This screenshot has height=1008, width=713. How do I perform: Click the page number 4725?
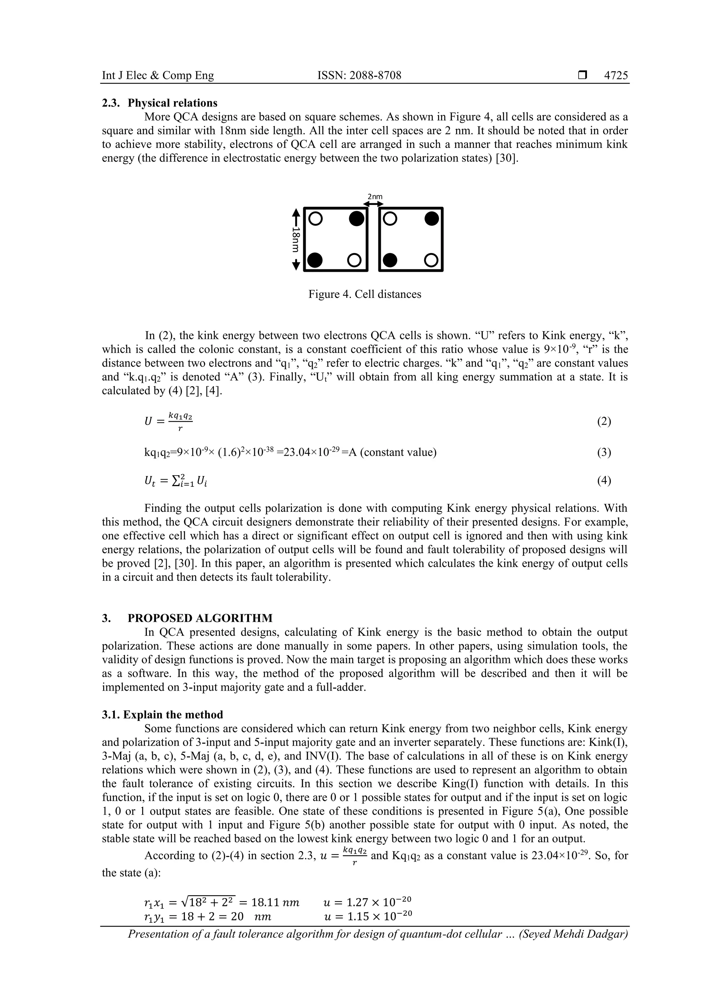pyautogui.click(x=616, y=76)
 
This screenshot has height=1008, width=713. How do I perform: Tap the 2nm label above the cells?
pyautogui.click(x=375, y=197)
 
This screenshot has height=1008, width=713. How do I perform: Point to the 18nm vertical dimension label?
pyautogui.click(x=296, y=239)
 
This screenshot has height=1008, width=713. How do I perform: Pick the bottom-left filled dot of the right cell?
pyautogui.click(x=390, y=260)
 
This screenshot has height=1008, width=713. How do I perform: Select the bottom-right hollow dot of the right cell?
pyautogui.click(x=431, y=260)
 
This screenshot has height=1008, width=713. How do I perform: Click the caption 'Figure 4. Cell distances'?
pyautogui.click(x=365, y=294)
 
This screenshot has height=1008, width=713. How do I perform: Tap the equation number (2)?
pyautogui.click(x=604, y=421)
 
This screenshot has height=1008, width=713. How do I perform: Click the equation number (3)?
pyautogui.click(x=604, y=452)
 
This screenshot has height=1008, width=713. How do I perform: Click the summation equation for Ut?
pyautogui.click(x=176, y=481)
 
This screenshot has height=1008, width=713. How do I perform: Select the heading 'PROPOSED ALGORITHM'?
pyautogui.click(x=200, y=618)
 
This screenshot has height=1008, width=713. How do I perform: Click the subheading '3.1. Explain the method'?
pyautogui.click(x=163, y=715)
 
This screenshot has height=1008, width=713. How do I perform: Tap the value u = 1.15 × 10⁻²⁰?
pyautogui.click(x=367, y=917)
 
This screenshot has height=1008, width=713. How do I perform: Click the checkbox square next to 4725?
pyautogui.click(x=582, y=76)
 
